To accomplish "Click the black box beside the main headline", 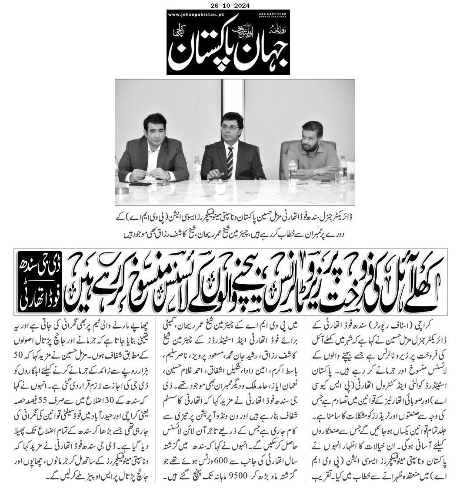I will [40, 282].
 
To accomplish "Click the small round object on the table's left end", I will [124, 191].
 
